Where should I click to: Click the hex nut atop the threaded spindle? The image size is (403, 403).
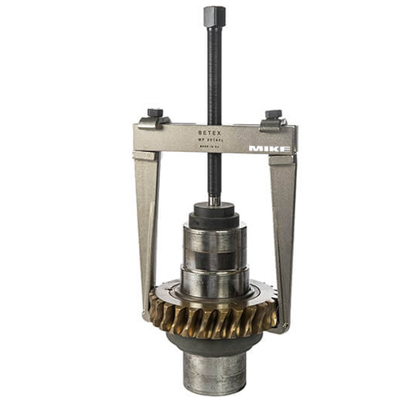(214, 15)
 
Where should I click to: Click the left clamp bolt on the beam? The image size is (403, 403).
(155, 113)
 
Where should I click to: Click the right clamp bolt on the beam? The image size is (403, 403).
(273, 114)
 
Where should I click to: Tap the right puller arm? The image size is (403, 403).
(282, 222)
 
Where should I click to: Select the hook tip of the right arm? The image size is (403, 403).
(284, 326)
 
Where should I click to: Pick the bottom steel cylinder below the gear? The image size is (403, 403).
(214, 373)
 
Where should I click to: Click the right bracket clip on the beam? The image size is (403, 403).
(273, 124)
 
